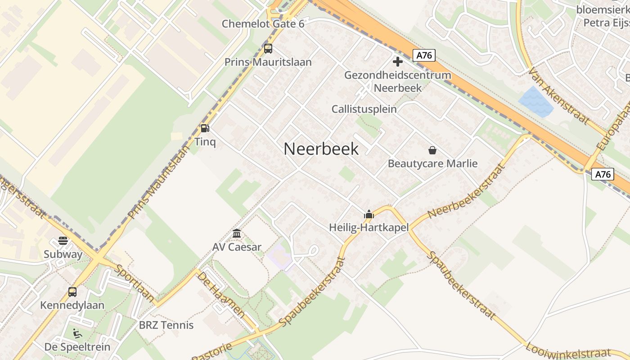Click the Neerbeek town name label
pyautogui.click(x=321, y=149)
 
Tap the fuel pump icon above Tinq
pyautogui.click(x=205, y=128)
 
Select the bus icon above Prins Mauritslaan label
pyautogui.click(x=268, y=49)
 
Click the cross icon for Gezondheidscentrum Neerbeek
pyautogui.click(x=397, y=62)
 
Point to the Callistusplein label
pyautogui.click(x=364, y=109)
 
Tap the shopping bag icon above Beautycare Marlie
pyautogui.click(x=432, y=150)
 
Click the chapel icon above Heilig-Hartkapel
pyautogui.click(x=369, y=215)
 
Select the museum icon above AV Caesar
pyautogui.click(x=237, y=234)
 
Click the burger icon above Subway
pyautogui.click(x=63, y=241)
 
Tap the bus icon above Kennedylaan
pyautogui.click(x=72, y=292)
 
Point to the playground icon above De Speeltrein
pyautogui.click(x=77, y=333)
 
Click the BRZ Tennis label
pyautogui.click(x=166, y=325)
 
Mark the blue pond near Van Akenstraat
pyautogui.click(x=535, y=102)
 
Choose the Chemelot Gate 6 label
pyautogui.click(x=263, y=24)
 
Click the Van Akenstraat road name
pyautogui.click(x=558, y=95)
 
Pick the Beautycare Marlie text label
pyautogui.click(x=432, y=163)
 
